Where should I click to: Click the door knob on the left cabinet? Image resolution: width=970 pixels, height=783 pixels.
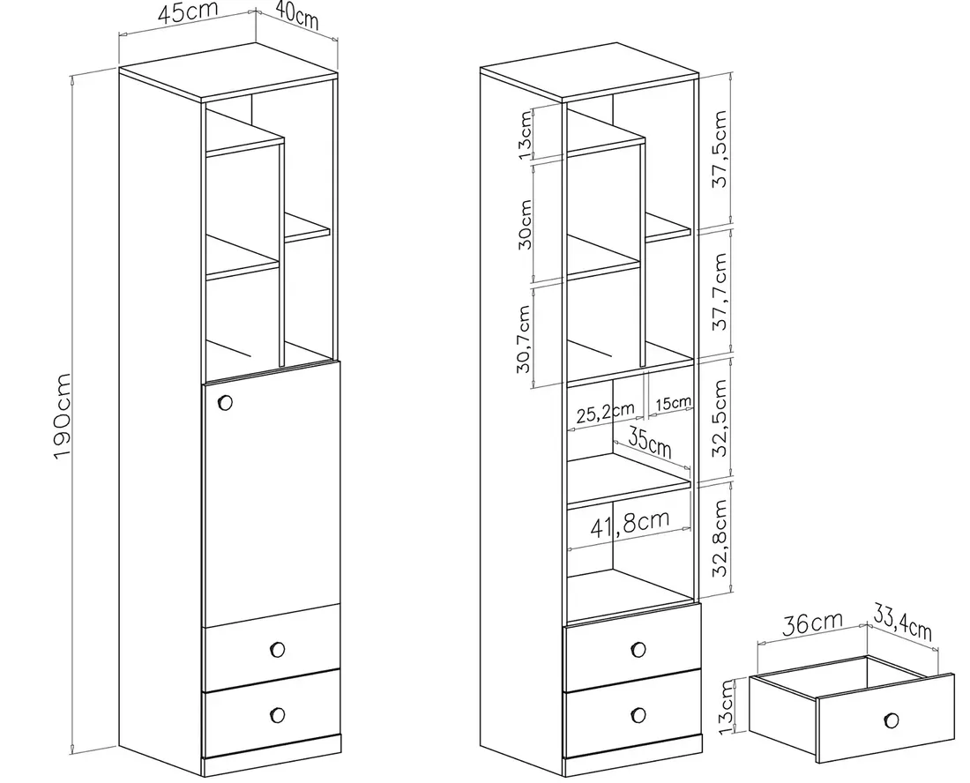[x=224, y=403]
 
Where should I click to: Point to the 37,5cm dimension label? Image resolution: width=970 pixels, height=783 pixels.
[x=720, y=151]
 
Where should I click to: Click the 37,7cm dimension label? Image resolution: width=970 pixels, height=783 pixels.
[x=720, y=292]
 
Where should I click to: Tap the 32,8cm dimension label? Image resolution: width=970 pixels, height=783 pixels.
[x=720, y=537]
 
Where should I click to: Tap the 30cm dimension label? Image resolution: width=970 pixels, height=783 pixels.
[x=524, y=224]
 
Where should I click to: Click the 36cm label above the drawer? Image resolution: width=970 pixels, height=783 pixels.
[x=812, y=623]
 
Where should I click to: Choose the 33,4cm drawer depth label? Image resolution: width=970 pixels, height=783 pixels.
[x=902, y=622]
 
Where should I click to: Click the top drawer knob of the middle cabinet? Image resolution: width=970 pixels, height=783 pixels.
[x=638, y=649]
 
